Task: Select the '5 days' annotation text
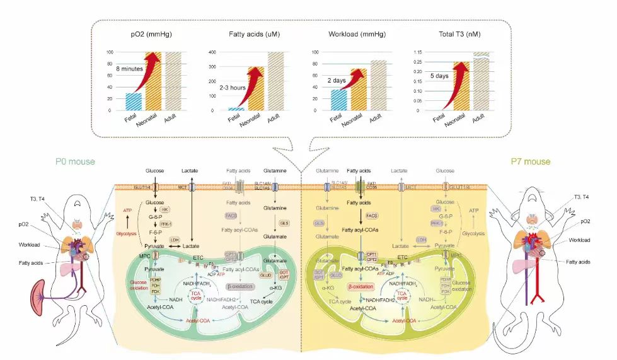(x=440, y=76)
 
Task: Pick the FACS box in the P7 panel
(x=371, y=215)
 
